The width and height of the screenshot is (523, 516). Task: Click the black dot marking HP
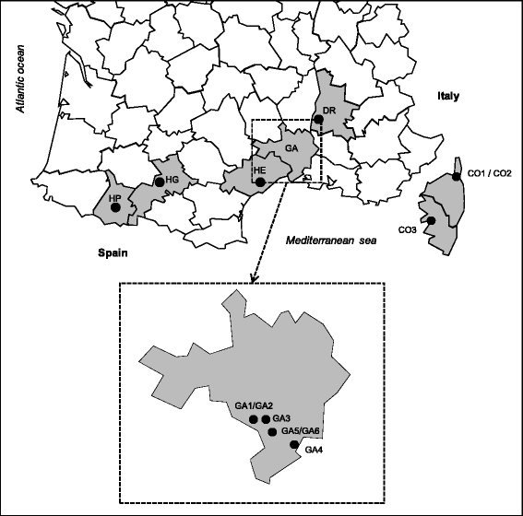pos(115,208)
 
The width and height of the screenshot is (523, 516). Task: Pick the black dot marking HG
pos(159,182)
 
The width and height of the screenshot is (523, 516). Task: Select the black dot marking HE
pos(260,182)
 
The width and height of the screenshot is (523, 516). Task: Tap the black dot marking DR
pos(318,119)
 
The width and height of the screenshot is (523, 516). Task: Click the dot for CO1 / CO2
pos(456,175)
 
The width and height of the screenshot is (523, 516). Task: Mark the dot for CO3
pos(430,220)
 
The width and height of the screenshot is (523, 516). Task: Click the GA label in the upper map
pos(292,148)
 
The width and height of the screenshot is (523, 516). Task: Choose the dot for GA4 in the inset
pos(294,445)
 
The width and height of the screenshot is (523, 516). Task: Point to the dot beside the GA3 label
pos(266,419)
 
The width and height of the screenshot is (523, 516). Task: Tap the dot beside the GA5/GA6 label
pos(272,432)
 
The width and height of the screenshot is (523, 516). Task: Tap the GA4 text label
pos(314,450)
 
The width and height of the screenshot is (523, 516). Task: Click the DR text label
pos(328,111)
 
